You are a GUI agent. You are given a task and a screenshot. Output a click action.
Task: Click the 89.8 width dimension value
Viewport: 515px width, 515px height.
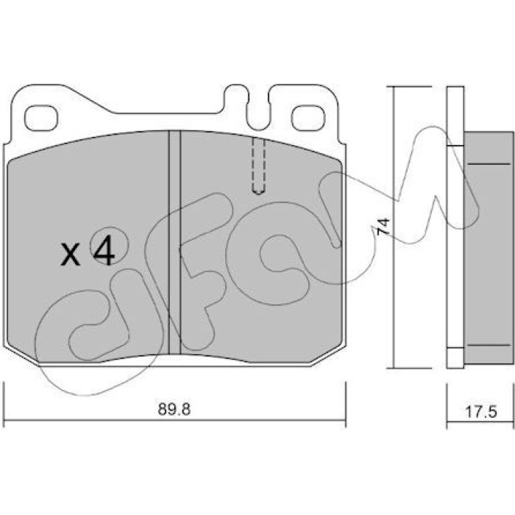point(174,410)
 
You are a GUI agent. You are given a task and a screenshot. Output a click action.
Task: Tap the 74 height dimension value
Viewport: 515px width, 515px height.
point(383,226)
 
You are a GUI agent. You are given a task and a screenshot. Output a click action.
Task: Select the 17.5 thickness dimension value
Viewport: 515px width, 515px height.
point(481,412)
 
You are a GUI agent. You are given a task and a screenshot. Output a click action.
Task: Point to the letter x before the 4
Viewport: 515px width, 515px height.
point(71,255)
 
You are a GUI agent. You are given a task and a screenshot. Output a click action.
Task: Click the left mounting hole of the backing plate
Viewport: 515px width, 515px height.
point(40,118)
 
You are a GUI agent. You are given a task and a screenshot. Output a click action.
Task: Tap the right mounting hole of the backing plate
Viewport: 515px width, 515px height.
point(308,118)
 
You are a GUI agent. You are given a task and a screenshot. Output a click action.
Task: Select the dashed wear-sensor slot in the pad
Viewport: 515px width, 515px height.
point(258,166)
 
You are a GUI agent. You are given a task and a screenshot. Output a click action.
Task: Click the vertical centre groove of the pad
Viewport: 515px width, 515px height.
point(174,242)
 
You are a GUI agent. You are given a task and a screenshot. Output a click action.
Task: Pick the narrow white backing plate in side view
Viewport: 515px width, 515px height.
point(455,227)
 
